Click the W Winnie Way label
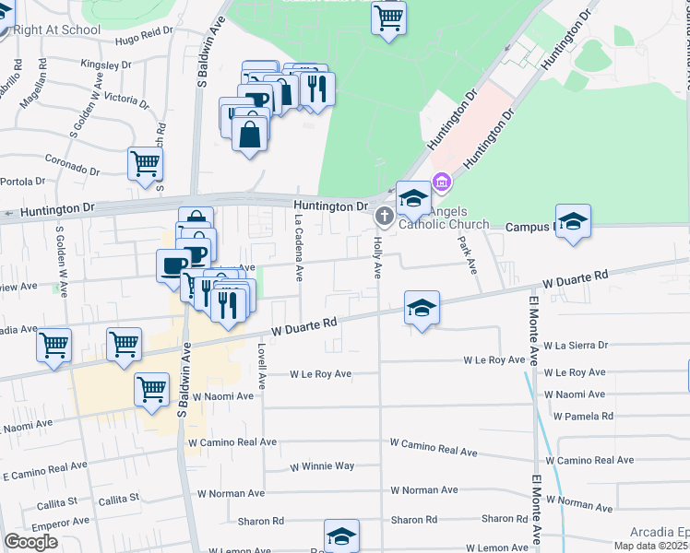pos(322,466)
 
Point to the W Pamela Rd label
pos(583,416)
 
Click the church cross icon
pos(384,217)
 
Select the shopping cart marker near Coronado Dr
pos(146,164)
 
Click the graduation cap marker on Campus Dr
pos(573,221)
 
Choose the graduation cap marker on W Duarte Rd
pos(422,308)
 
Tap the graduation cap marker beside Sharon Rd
pos(341,536)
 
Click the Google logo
pos(31,542)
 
